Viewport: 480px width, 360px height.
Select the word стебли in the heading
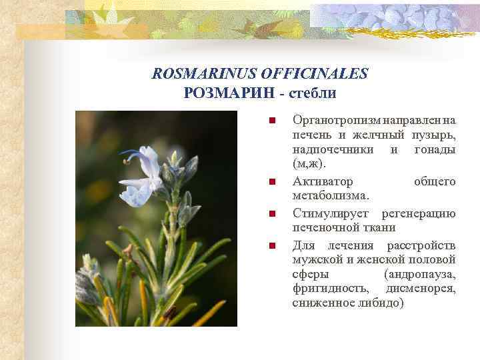coord(312,93)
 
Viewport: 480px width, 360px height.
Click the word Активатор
coord(323,181)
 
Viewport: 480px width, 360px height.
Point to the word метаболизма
coord(330,195)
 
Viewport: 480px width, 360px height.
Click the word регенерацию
coord(419,213)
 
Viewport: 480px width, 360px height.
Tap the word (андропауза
coord(420,275)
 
